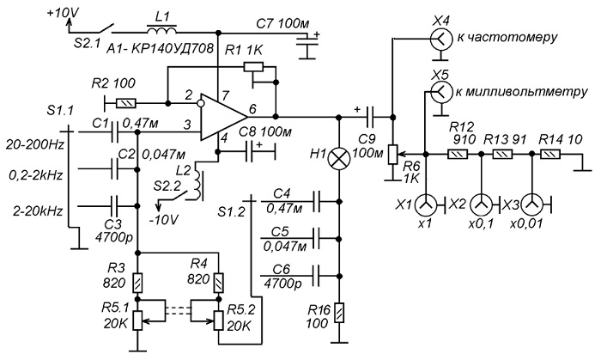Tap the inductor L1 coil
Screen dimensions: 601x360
pos(161,29)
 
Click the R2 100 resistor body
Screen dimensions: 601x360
pos(126,103)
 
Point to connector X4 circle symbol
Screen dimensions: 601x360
pos(440,39)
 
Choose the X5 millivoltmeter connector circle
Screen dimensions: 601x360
pos(440,92)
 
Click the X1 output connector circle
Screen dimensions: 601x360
pos(425,205)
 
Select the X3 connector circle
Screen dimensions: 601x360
pos(531,205)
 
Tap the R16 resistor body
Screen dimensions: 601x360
pos(338,313)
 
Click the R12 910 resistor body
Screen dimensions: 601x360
pos(458,154)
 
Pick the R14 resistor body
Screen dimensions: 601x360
pos(550,154)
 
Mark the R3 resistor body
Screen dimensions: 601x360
pos(138,284)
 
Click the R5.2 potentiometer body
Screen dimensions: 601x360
pos(218,320)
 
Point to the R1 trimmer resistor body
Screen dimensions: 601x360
pos(253,67)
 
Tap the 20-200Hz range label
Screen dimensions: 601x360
pos(34,145)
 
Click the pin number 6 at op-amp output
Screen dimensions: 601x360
pos(252,109)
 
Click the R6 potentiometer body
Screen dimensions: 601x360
pos(392,155)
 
